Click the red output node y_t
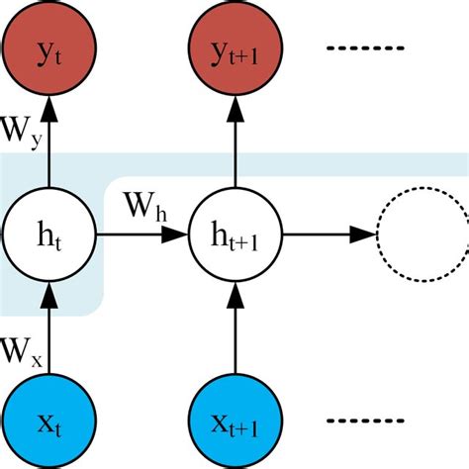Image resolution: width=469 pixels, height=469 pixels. click(48, 47)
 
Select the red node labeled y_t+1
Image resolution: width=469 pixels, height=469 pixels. click(234, 47)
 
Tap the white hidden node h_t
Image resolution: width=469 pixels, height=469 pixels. click(48, 234)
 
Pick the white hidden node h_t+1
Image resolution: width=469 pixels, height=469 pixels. click(234, 234)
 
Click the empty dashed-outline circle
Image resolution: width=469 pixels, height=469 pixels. click(420, 234)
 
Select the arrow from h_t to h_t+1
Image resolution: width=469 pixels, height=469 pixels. click(139, 234)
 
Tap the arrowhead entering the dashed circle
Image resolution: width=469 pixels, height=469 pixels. click(363, 234)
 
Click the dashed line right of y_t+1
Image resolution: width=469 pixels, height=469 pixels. click(373, 47)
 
